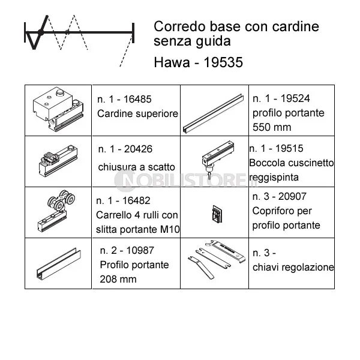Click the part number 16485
click(x=137, y=99)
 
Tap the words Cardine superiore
click(x=137, y=113)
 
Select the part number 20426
click(x=138, y=149)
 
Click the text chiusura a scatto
click(x=136, y=167)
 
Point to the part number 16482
click(x=136, y=200)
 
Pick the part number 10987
click(x=140, y=250)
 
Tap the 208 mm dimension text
click(x=118, y=279)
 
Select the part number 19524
click(x=295, y=98)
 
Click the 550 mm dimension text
click(x=272, y=127)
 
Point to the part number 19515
click(x=289, y=149)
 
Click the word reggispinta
click(x=274, y=178)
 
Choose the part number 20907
click(x=292, y=197)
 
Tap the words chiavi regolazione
click(x=293, y=267)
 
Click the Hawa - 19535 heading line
click(x=198, y=62)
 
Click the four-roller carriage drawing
click(x=56, y=211)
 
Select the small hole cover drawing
click(x=217, y=214)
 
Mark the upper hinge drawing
click(x=58, y=109)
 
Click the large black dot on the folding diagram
click(x=41, y=32)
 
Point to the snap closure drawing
click(x=58, y=161)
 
